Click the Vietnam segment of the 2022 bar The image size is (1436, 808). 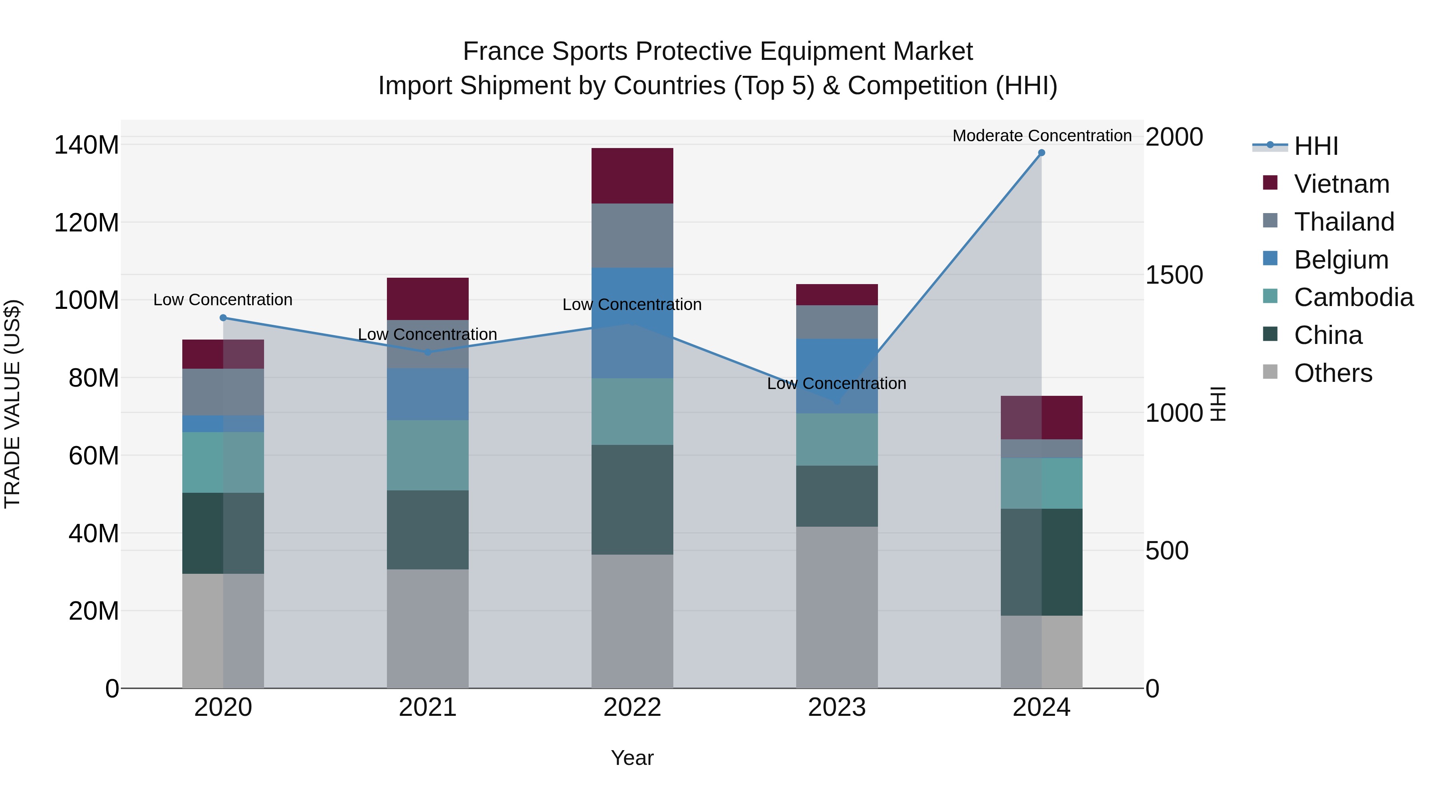point(632,176)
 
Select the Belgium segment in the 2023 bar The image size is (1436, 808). point(837,376)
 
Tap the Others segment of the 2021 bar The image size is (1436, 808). point(428,628)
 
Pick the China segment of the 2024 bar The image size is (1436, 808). point(1041,562)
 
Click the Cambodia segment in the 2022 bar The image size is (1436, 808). point(632,411)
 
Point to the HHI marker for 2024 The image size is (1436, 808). point(1041,153)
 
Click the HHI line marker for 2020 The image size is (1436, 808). point(223,318)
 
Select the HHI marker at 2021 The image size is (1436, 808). point(428,352)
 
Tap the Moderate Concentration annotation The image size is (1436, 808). point(1041,136)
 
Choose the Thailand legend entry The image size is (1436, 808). point(1343,222)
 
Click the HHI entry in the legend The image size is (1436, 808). point(1316,146)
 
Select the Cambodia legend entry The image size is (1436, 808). point(1353,297)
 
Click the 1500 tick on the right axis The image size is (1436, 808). point(1174,275)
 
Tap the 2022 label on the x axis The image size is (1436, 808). point(632,707)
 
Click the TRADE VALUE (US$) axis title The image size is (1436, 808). point(12,404)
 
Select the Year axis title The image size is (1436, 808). point(632,758)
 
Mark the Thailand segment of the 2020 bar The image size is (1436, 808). point(223,392)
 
